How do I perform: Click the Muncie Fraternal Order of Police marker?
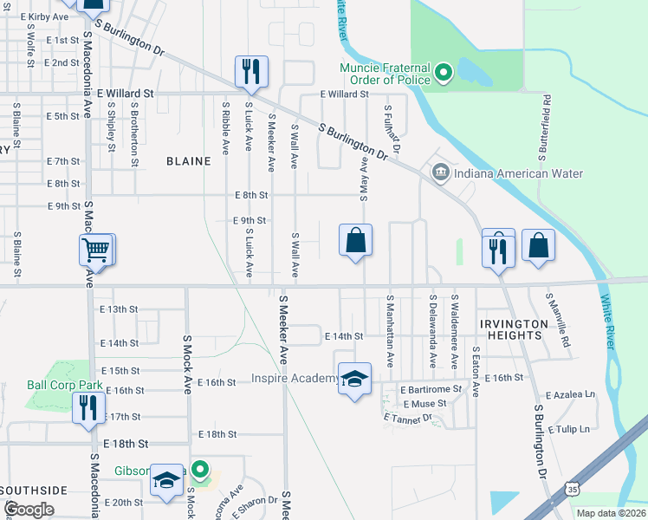(444, 72)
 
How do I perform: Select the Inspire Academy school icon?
(354, 379)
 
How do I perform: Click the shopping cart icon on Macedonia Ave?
(96, 250)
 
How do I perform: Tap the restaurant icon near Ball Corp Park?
(88, 406)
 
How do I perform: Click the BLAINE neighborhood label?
(188, 161)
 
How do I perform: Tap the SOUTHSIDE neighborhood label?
(34, 491)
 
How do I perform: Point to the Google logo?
(29, 510)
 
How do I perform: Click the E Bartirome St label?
(431, 390)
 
